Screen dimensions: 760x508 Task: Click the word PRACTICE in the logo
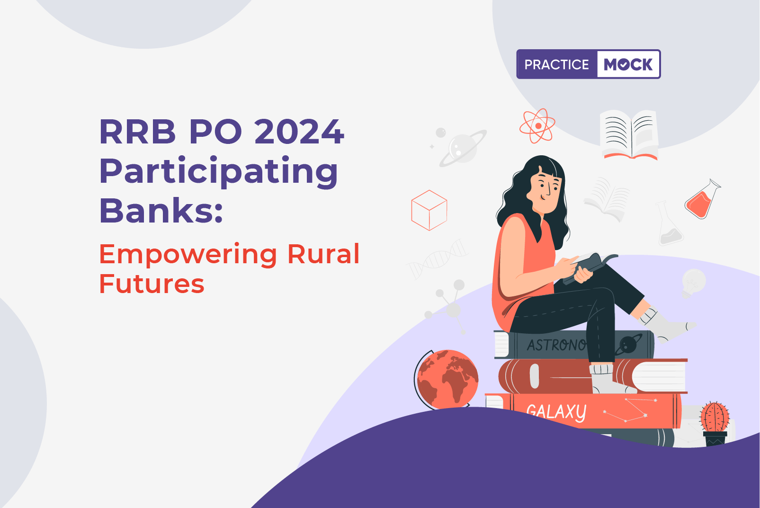point(556,64)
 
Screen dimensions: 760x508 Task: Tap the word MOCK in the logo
point(628,64)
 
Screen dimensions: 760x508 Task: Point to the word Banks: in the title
point(161,211)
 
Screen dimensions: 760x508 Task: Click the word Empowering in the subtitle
point(188,256)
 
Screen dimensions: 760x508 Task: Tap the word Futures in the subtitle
point(152,284)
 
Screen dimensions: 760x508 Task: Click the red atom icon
point(537,126)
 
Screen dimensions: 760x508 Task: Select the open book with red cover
point(630,134)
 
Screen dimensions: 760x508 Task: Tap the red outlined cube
point(429,210)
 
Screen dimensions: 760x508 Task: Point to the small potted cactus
point(715,424)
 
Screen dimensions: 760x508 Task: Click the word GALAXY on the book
point(556,412)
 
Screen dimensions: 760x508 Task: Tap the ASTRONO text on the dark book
point(556,345)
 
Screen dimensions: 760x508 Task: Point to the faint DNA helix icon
point(438,259)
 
